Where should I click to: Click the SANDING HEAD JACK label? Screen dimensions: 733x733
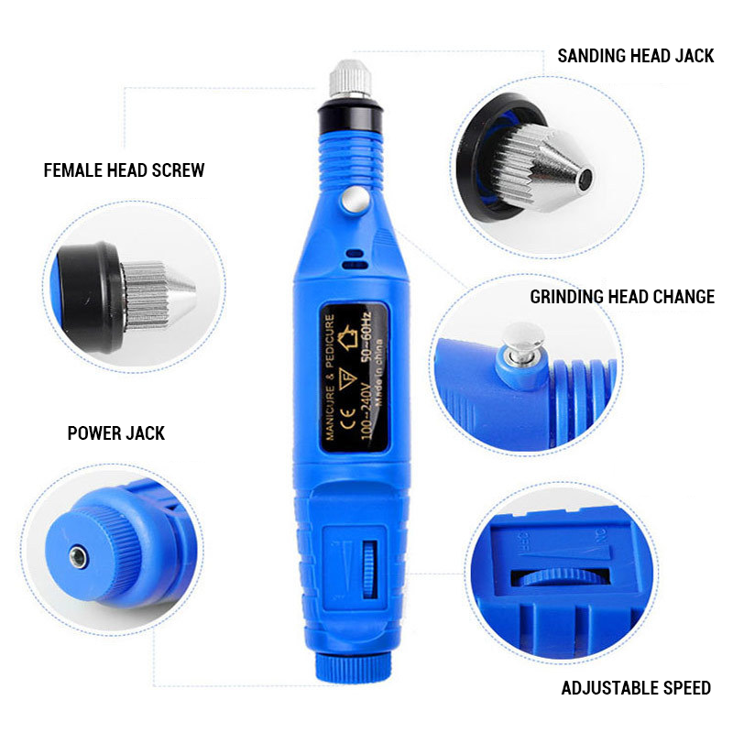point(635,56)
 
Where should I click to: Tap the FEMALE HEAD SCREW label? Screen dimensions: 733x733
point(124,170)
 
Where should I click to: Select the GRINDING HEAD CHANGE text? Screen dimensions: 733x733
point(622,297)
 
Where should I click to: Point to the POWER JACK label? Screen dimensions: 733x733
point(116,433)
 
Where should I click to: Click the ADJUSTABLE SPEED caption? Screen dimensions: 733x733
point(636,688)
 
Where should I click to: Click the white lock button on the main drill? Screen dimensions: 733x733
point(354,200)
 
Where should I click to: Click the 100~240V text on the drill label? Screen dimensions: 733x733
point(367,411)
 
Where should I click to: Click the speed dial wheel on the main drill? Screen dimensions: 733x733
point(369,570)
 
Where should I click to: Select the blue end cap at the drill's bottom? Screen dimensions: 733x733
point(353,667)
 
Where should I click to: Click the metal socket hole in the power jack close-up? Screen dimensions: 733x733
point(79,557)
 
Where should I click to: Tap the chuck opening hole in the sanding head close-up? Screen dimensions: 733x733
point(585,178)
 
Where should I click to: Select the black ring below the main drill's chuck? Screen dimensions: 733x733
point(350,115)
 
